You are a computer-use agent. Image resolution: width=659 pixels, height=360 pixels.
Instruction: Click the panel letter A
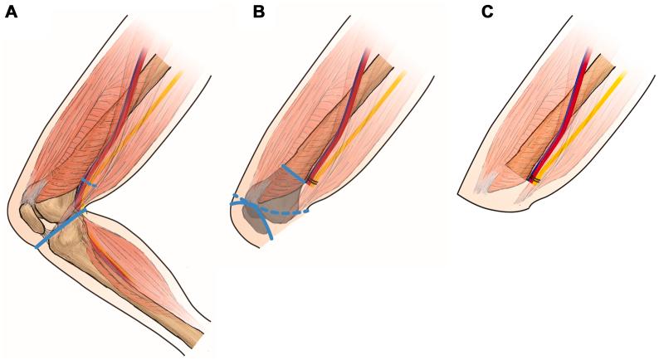pos(11,12)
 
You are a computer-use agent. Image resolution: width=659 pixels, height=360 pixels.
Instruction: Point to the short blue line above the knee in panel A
pos(89,182)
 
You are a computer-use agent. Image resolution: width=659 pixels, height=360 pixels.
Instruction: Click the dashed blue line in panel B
pos(286,212)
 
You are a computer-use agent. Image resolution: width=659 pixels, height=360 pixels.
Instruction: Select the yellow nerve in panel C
pos(581,124)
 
